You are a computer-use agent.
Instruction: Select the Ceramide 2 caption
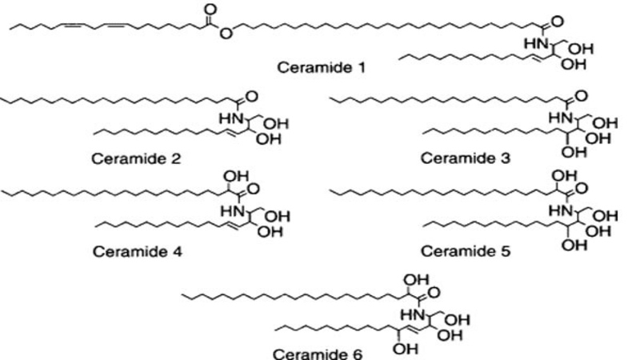coord(137,158)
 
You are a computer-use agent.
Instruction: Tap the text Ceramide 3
coord(462,158)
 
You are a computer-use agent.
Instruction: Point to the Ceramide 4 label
coord(137,252)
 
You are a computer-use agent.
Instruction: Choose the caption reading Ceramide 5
coord(462,252)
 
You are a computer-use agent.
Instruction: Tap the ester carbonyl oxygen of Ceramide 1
coord(210,10)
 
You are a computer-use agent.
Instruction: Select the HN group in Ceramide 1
coord(531,42)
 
